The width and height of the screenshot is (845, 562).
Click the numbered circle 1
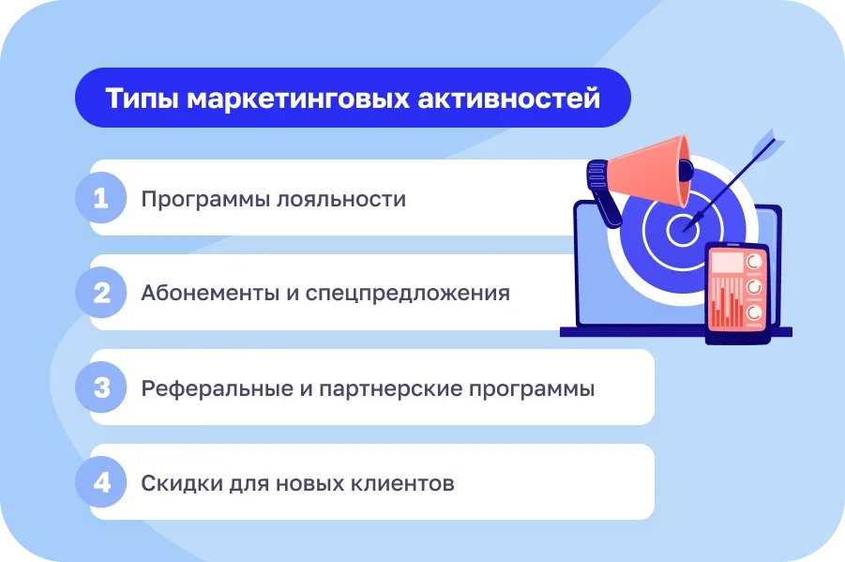[x=101, y=199]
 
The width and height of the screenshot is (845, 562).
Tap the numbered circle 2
[x=101, y=294]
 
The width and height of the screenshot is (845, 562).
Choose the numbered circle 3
[x=101, y=388]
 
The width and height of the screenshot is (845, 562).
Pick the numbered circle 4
[x=101, y=483]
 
